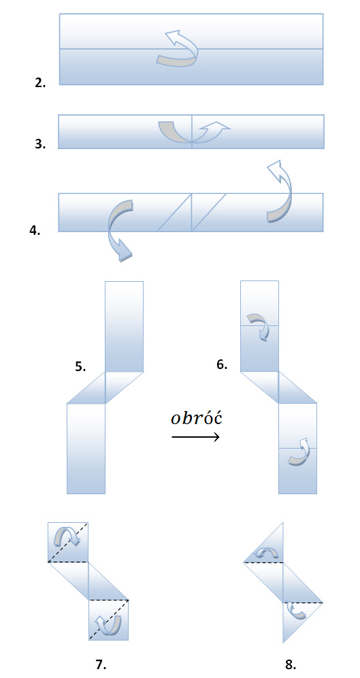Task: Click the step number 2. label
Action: [40, 82]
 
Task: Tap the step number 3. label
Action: [40, 144]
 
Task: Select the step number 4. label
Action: [35, 230]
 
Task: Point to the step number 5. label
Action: [80, 367]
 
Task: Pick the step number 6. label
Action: [222, 364]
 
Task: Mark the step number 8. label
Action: [291, 665]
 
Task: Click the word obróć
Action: [196, 419]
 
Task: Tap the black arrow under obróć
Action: [196, 437]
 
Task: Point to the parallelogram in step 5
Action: [105, 387]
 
